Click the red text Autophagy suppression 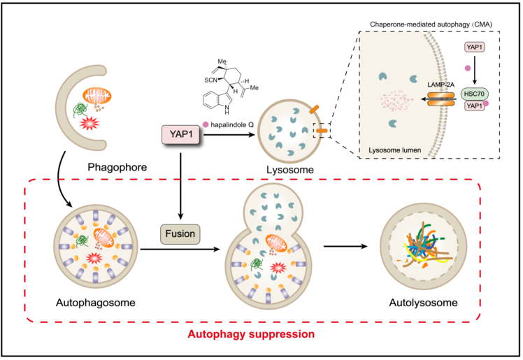point(260,334)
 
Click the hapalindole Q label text point(236,125)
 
